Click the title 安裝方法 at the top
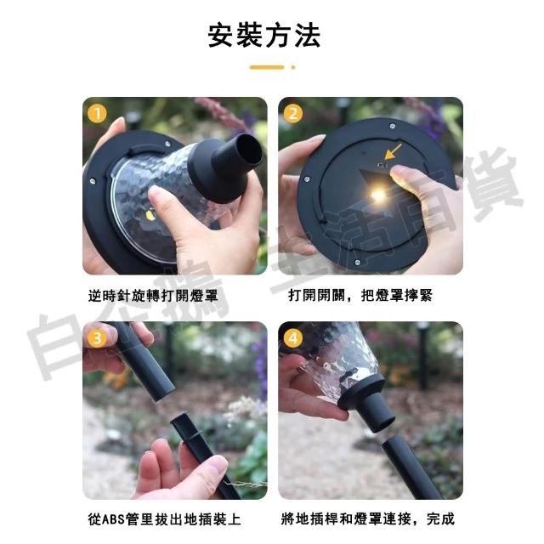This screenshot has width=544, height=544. (x=264, y=36)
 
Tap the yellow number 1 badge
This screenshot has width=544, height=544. (x=97, y=113)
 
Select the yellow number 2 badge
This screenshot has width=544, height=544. (x=293, y=113)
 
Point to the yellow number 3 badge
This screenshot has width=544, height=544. (x=97, y=338)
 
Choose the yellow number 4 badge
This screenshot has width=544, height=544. (x=293, y=338)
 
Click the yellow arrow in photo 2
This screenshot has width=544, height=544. (x=394, y=151)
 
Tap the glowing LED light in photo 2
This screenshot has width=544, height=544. (x=378, y=195)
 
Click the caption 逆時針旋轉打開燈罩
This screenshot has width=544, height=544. (x=153, y=296)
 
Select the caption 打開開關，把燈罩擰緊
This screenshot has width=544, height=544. (x=360, y=296)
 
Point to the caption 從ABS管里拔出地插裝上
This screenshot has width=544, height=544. (x=164, y=519)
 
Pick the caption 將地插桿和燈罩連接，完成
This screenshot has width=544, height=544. (x=367, y=519)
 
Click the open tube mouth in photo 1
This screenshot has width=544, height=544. (x=248, y=150)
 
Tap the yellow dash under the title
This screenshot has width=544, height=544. (x=267, y=67)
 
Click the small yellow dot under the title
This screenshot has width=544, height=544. (x=293, y=67)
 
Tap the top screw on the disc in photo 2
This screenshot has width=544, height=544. (x=393, y=127)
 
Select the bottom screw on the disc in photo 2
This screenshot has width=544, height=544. (x=357, y=263)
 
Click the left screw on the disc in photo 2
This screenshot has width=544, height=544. (x=306, y=179)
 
